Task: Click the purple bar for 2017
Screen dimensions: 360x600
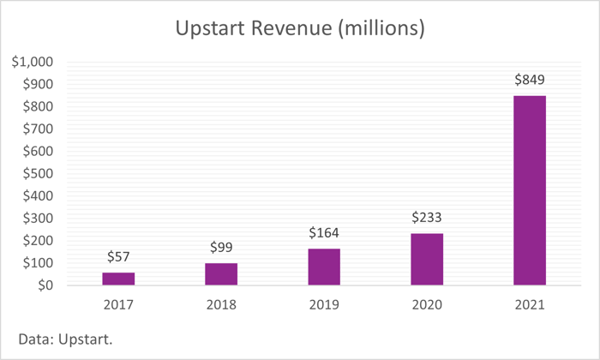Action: (x=118, y=279)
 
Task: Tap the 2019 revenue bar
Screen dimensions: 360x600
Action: (x=324, y=267)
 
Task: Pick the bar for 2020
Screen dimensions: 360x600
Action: (x=427, y=259)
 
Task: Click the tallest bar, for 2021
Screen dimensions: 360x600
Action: (x=530, y=190)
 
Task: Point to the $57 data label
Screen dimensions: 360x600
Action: (x=118, y=257)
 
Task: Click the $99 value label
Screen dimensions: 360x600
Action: (x=221, y=248)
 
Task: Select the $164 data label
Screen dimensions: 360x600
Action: (x=324, y=233)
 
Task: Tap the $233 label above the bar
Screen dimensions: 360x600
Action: (x=427, y=218)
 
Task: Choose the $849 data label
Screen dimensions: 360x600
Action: (x=530, y=80)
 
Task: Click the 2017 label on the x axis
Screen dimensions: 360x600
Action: (x=118, y=303)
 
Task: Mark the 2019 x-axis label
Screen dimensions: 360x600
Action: (x=324, y=303)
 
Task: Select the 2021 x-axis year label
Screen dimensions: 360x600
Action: (x=530, y=303)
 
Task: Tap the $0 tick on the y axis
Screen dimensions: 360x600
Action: (x=42, y=285)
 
